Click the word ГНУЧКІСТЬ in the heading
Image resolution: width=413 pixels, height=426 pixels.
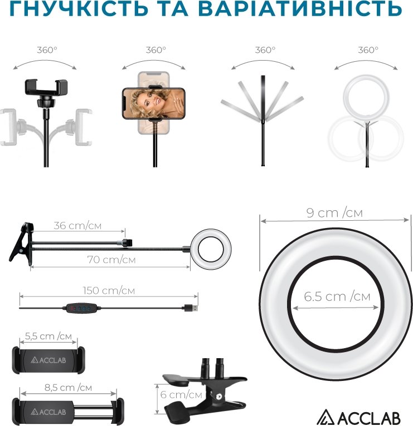point(79,8)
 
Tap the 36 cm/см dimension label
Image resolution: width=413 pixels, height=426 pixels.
point(77,226)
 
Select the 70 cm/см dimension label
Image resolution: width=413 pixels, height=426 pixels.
point(111,260)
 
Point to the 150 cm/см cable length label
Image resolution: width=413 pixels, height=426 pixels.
point(109,290)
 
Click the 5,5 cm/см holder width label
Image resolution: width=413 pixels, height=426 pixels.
point(48,336)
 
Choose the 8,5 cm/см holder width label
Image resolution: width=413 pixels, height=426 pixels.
point(69,388)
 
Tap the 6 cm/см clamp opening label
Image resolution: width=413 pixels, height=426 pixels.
point(181,394)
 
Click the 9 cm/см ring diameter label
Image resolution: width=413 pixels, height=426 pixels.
point(334,213)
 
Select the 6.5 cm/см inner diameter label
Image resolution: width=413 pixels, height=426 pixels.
point(337,296)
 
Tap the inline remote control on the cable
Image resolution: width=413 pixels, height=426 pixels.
point(82,308)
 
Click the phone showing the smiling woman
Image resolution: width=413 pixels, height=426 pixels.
point(154,103)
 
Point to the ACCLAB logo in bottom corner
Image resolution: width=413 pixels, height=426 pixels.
point(358,417)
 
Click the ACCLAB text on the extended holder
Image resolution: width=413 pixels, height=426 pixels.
point(48,412)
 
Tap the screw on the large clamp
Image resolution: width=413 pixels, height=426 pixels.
point(218,397)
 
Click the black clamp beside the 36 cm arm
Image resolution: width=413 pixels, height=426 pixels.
point(21,244)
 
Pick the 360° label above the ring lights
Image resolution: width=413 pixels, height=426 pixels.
point(368,50)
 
